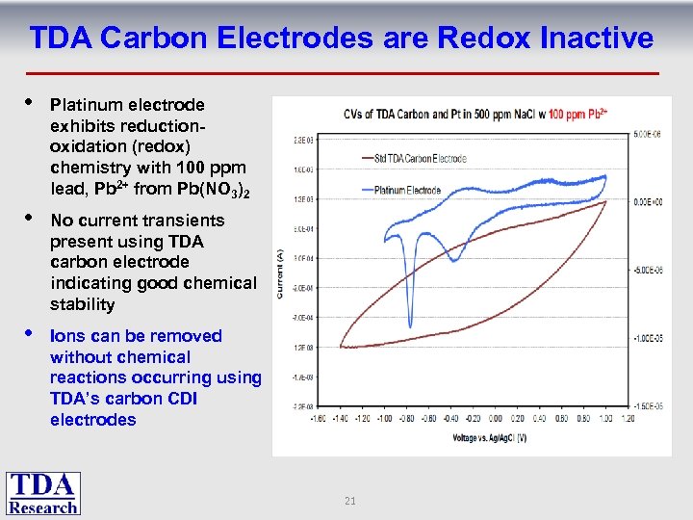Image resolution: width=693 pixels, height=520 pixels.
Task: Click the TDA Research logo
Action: click(x=43, y=493)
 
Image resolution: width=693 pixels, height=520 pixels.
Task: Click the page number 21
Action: click(x=350, y=501)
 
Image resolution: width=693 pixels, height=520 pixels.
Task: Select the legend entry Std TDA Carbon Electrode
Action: click(x=420, y=158)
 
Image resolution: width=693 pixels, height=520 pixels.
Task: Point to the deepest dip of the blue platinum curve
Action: click(x=410, y=325)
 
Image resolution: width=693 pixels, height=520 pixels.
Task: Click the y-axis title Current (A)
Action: click(x=280, y=272)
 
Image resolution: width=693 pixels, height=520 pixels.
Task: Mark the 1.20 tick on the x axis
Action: click(x=629, y=418)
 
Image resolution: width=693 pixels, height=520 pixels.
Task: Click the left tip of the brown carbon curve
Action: click(x=342, y=346)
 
